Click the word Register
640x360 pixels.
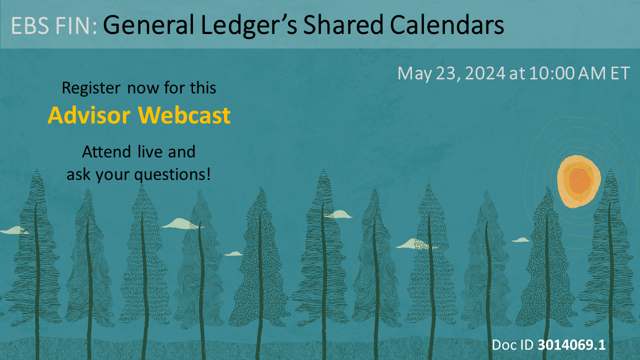click(90, 88)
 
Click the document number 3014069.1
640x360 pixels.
click(571, 345)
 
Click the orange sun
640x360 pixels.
click(578, 181)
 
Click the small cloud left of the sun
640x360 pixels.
click(521, 240)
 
